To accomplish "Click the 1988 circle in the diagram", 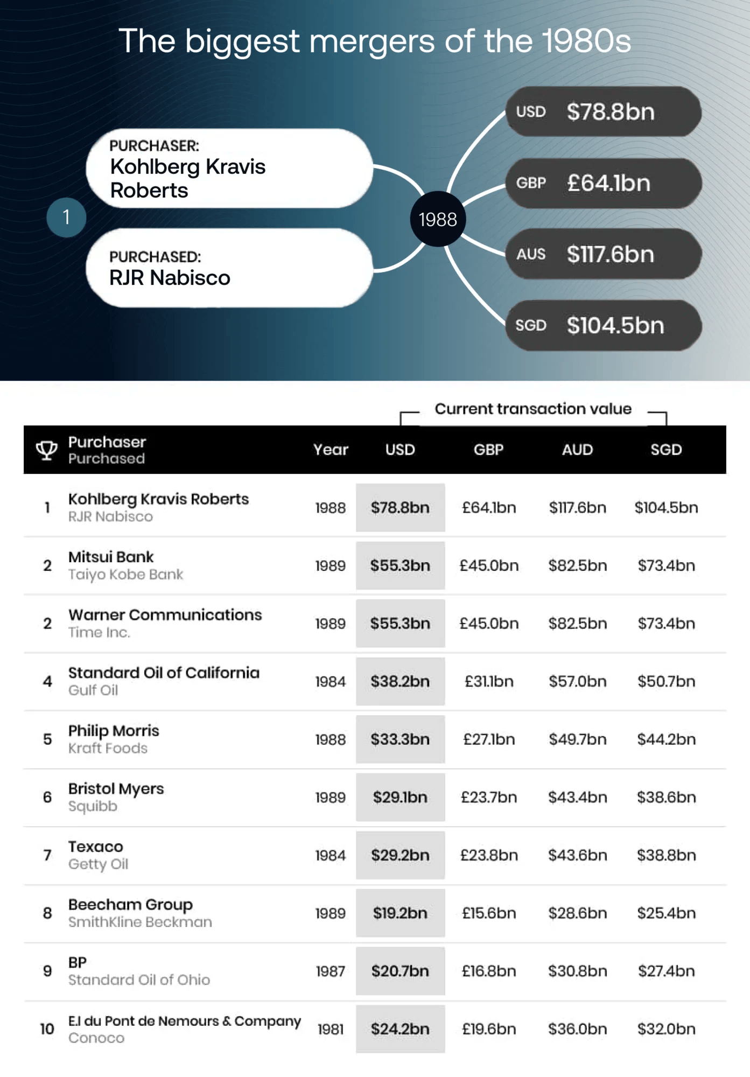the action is [438, 219].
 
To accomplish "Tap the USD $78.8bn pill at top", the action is [604, 111].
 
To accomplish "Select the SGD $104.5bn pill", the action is [604, 325].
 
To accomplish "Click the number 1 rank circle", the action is [66, 217].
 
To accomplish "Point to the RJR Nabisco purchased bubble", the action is [229, 268].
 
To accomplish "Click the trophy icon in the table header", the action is [47, 450].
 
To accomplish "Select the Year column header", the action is [331, 450].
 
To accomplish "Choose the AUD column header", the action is [577, 450].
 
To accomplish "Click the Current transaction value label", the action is [533, 409].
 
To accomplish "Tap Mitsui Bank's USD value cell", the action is [400, 565].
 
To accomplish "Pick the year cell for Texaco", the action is [331, 855].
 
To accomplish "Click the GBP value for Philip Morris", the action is [489, 739].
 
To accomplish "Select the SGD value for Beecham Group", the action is [667, 913].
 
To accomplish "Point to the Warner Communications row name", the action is [165, 615].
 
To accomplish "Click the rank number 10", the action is [47, 1029].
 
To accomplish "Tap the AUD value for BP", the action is [577, 971].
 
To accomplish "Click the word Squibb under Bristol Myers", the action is [93, 806].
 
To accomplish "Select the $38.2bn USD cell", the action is [400, 681].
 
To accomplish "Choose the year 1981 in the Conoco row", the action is [331, 1029].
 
